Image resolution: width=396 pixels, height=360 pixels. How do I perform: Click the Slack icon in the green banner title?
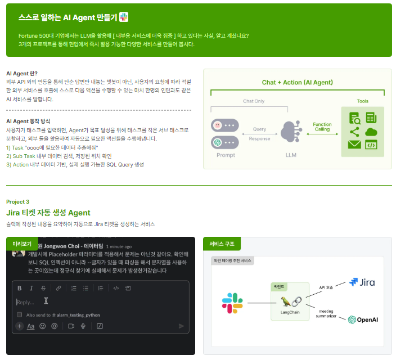124,17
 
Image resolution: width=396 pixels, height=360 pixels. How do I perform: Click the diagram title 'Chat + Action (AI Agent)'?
297,82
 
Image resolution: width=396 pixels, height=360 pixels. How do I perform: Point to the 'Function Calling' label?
322,127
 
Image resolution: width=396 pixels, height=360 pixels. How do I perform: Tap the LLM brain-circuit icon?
290,133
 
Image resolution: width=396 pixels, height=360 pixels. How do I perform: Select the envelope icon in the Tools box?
354,145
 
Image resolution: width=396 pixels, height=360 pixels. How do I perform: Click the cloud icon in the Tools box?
371,132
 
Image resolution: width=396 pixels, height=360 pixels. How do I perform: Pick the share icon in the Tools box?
354,132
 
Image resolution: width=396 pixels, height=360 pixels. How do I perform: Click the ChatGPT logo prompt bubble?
218,142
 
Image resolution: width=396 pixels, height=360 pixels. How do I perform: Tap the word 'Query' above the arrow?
259,129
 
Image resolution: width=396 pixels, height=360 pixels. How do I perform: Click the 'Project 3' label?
17,201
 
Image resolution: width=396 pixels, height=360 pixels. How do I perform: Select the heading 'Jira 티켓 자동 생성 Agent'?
48,213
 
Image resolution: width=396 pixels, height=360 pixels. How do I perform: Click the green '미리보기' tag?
22,244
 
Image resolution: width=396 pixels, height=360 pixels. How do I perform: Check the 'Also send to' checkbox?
20,314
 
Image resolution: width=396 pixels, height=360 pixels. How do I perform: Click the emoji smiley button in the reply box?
43,326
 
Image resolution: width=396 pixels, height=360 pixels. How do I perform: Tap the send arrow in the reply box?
181,326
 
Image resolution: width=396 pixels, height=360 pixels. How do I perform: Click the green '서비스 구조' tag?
222,244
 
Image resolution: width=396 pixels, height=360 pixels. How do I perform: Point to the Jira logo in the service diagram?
362,282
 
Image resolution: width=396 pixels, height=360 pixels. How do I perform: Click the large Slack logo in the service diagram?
232,303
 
